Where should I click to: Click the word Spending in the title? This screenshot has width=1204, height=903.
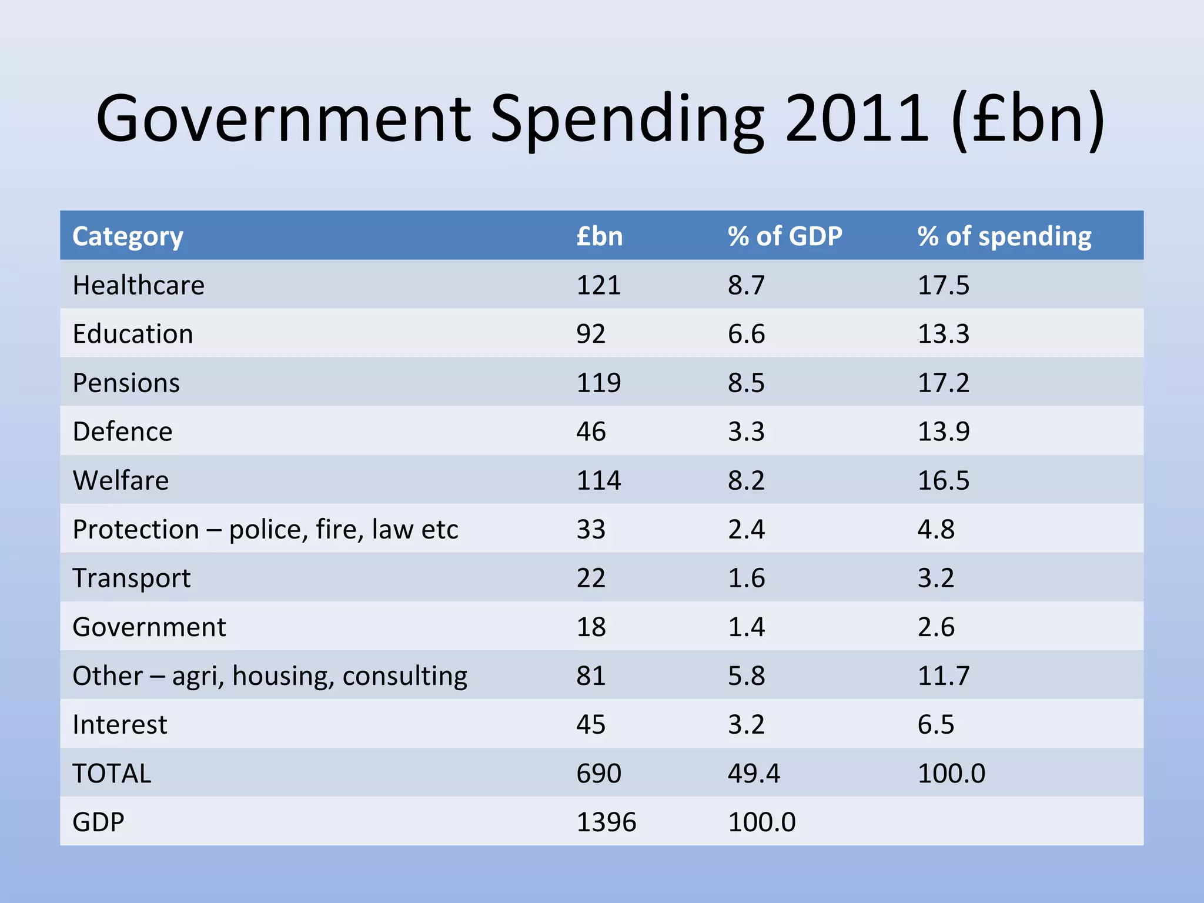[627, 121]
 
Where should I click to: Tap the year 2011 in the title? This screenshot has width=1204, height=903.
[857, 119]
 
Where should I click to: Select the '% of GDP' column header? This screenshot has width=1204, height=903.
[785, 236]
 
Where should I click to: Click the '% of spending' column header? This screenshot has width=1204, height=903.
[1004, 236]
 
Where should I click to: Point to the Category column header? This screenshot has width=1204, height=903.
[128, 236]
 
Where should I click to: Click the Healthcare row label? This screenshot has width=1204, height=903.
[138, 285]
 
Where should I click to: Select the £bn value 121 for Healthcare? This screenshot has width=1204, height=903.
[598, 285]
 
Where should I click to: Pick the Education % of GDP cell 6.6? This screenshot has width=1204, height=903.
[746, 334]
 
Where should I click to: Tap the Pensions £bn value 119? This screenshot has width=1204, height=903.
[598, 383]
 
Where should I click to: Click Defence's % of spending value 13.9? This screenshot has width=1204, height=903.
[943, 432]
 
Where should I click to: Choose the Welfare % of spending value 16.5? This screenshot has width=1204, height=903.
[943, 480]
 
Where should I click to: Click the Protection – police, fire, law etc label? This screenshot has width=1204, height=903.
[265, 529]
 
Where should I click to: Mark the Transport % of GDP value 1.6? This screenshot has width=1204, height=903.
[746, 578]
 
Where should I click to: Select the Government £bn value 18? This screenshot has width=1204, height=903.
[591, 627]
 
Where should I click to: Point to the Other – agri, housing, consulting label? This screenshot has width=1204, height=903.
[270, 675]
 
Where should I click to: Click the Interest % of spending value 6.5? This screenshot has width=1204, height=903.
[936, 724]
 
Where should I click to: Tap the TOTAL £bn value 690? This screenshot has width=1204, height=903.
[598, 773]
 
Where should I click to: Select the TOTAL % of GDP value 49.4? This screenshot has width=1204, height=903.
[754, 773]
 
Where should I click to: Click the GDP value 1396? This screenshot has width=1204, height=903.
[606, 822]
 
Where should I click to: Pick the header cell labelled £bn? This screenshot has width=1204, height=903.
[599, 236]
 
